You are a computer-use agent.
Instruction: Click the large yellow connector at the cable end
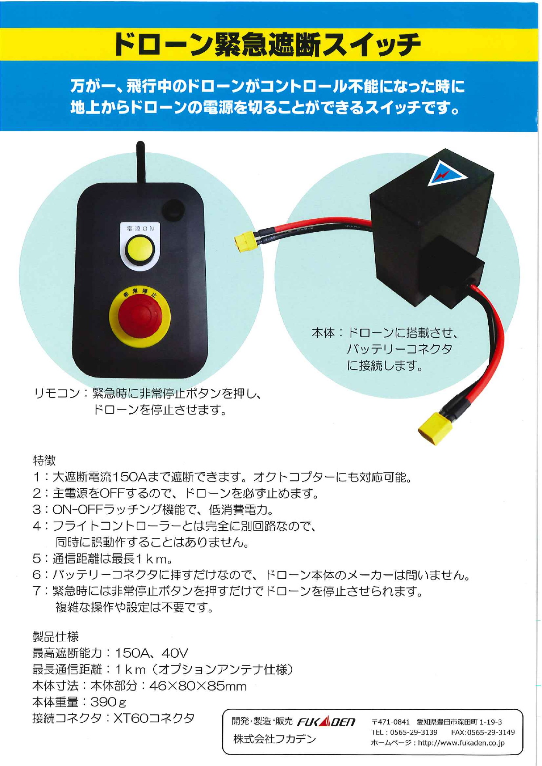click(434, 429)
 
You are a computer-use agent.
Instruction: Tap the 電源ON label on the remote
click(140, 228)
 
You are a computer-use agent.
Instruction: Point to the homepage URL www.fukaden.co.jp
click(461, 742)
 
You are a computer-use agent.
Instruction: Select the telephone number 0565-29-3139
click(414, 732)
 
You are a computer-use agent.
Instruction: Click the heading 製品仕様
click(55, 636)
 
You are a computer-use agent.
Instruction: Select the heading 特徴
click(44, 460)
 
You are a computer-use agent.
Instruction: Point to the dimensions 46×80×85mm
click(198, 686)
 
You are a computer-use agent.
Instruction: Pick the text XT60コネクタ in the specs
click(154, 718)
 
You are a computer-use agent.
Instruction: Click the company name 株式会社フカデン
click(274, 739)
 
